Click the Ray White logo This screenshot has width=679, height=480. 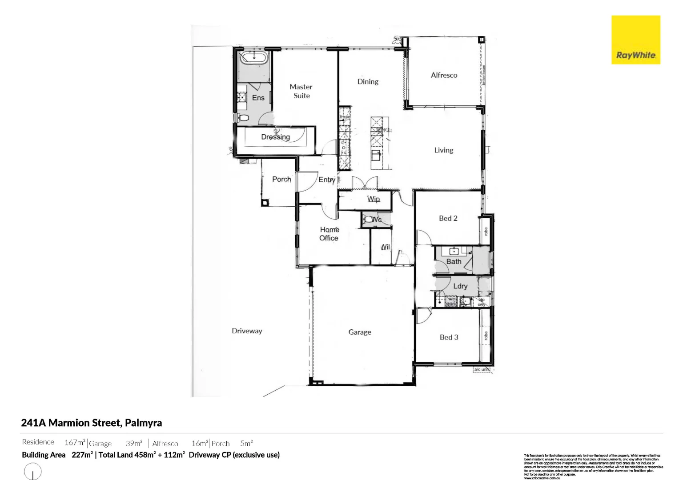635,40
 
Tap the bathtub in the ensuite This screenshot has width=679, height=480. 254,58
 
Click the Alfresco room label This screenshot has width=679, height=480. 444,75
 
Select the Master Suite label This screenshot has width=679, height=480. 301,91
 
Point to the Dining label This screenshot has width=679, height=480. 368,81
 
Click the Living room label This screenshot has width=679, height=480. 443,150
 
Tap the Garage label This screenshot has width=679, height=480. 359,332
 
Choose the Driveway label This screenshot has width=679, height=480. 247,331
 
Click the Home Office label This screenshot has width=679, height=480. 329,234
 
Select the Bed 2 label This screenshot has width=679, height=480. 448,218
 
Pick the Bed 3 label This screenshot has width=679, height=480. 449,337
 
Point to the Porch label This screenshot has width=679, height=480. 281,179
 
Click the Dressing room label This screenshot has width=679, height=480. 275,137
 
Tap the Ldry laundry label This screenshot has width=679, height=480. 460,286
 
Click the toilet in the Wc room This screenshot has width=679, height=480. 369,219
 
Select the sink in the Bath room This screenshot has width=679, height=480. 454,251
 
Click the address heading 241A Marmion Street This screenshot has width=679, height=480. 91,423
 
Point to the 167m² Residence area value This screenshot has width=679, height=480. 74,443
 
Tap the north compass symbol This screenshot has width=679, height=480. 32,471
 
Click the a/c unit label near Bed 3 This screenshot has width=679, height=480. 481,369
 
